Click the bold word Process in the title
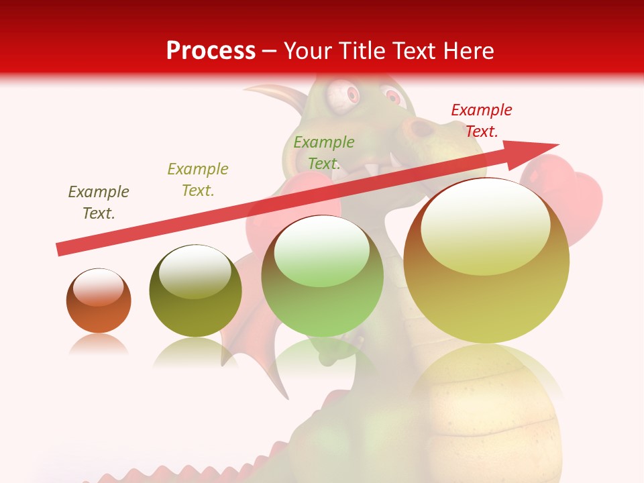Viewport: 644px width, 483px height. (211, 51)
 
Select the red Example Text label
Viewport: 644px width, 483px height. (481, 121)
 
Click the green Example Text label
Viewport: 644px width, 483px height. (323, 152)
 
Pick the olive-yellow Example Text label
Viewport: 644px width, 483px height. (197, 179)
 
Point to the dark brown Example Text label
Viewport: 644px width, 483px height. (98, 202)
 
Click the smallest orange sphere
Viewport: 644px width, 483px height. (99, 301)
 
